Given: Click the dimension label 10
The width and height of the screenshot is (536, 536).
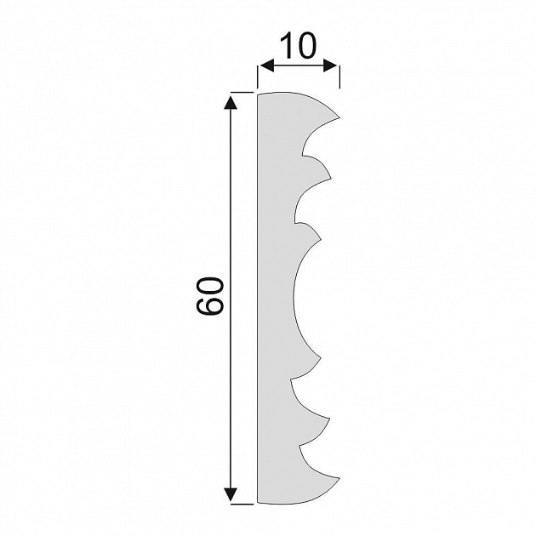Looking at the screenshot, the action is (298, 45).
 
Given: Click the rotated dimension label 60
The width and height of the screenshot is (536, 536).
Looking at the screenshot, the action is (209, 295).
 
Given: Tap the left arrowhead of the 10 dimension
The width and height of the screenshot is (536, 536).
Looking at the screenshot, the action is (266, 66).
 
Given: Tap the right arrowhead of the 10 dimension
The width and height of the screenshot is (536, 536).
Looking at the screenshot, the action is (331, 66).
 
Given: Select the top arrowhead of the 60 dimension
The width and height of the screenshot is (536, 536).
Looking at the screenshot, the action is (231, 103).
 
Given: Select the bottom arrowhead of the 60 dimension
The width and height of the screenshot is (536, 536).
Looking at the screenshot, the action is (231, 494).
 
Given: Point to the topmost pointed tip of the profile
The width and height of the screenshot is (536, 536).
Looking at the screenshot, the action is (339, 118).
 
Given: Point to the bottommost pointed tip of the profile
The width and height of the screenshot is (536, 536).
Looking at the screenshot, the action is (339, 478).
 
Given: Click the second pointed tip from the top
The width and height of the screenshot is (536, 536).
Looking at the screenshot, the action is (331, 178).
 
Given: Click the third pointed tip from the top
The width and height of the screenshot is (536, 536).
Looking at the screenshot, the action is (321, 239).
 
